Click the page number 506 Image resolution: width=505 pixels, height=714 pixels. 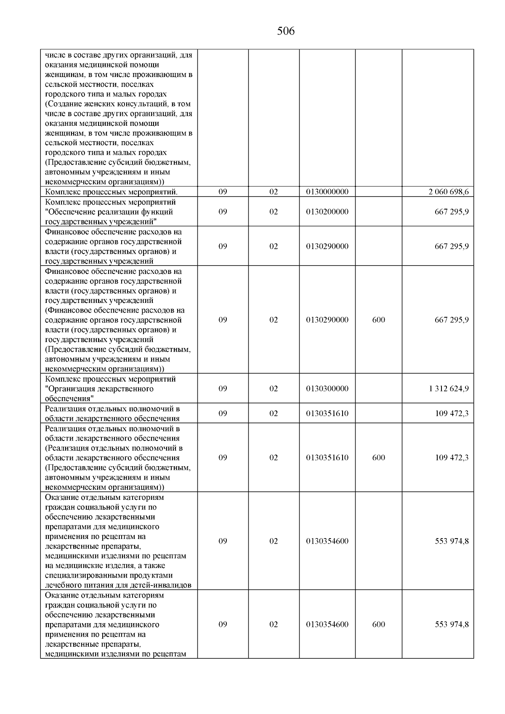286,31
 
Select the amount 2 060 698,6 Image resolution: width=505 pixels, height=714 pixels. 449,192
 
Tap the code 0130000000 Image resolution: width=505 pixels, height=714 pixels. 327,192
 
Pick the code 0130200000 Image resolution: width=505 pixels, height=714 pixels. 327,212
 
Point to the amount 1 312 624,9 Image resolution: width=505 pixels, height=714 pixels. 449,388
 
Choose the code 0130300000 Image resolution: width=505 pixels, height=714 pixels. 327,388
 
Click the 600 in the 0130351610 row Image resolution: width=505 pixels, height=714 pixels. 379,457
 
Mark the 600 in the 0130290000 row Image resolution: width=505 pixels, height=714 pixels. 379,320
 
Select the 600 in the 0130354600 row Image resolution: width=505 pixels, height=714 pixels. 379,624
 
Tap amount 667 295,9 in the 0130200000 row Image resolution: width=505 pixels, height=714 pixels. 452,212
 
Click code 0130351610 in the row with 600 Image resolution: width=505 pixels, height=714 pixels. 327,457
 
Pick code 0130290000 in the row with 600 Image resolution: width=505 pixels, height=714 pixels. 327,320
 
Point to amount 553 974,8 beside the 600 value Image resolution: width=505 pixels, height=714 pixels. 452,624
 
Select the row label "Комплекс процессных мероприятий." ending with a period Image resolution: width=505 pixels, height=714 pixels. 112,192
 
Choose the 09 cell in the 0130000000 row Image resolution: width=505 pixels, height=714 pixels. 223,192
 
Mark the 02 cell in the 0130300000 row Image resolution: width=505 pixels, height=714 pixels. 274,388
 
